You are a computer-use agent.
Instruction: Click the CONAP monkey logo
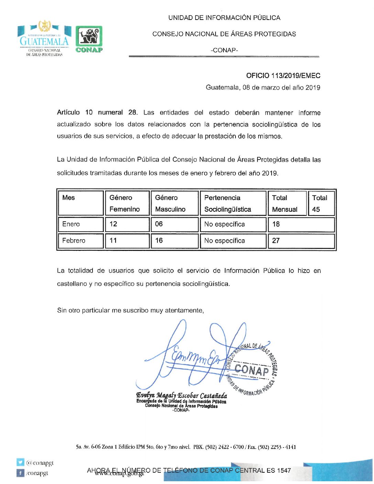pyautogui.click(x=89, y=39)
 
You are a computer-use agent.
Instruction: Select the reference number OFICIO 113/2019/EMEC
pyautogui.click(x=283, y=76)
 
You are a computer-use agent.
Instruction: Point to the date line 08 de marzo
pyautogui.click(x=263, y=87)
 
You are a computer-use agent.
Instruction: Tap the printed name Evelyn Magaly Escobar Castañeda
pyautogui.click(x=181, y=395)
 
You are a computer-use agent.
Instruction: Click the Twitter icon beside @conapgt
pyautogui.click(x=21, y=463)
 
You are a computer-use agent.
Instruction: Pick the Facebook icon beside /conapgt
pyautogui.click(x=21, y=473)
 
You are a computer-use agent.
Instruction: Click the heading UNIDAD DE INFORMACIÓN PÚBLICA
pyautogui.click(x=224, y=18)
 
